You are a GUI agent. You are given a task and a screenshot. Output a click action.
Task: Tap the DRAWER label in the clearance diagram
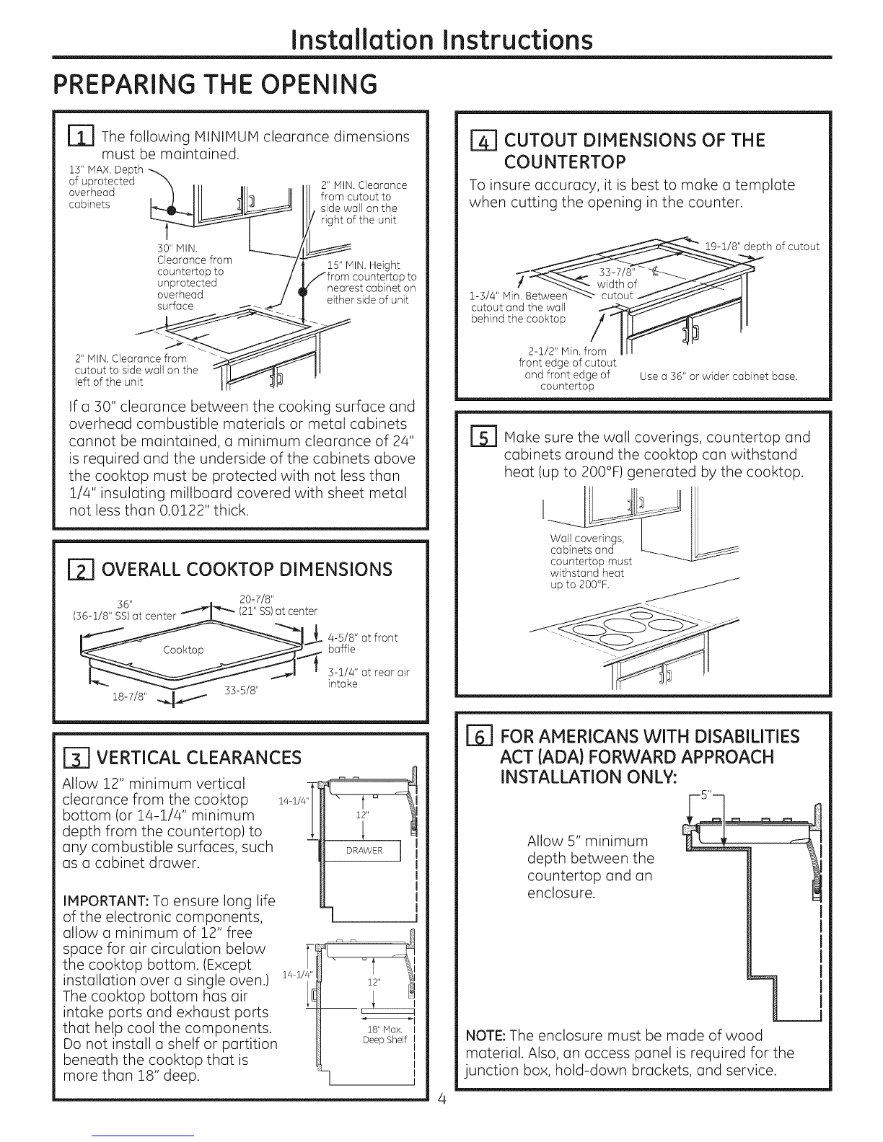coord(364,851)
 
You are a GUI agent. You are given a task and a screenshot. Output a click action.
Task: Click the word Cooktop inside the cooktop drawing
coord(183,650)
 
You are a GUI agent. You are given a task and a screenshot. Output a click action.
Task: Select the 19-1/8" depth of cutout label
coord(762,247)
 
